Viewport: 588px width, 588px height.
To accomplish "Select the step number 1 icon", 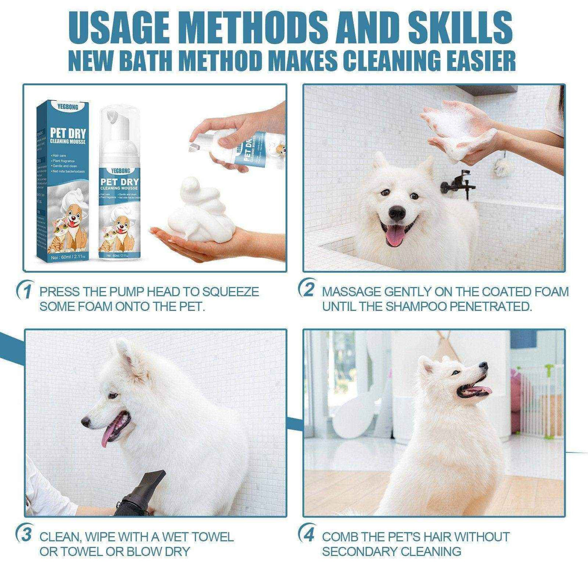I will (x=25, y=292).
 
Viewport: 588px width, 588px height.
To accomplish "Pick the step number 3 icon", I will (x=25, y=536).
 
